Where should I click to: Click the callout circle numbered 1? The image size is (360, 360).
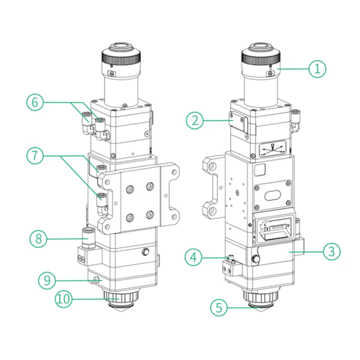(x=317, y=68)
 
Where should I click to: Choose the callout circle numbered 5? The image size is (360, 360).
(x=219, y=308)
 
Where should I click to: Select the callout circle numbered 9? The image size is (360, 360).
(x=46, y=280)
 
